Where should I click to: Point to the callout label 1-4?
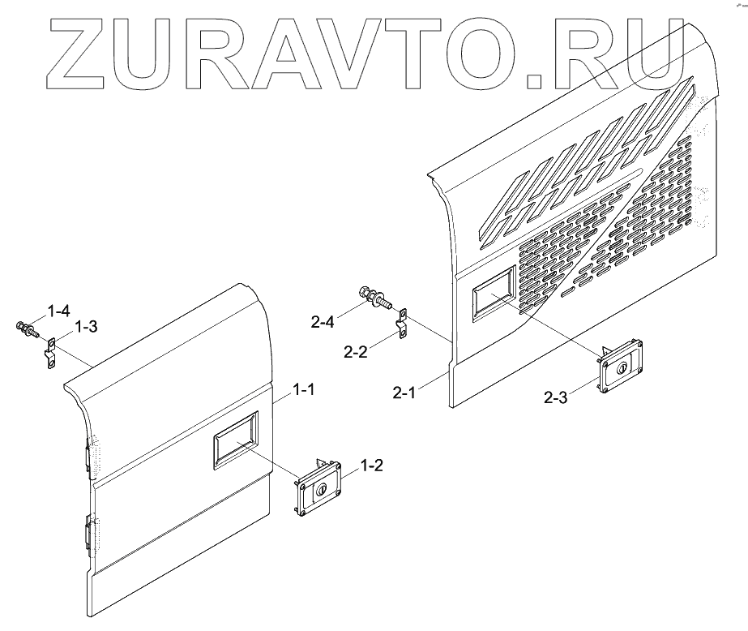(59, 310)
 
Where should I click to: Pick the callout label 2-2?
(356, 352)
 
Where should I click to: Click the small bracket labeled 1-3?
(49, 352)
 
